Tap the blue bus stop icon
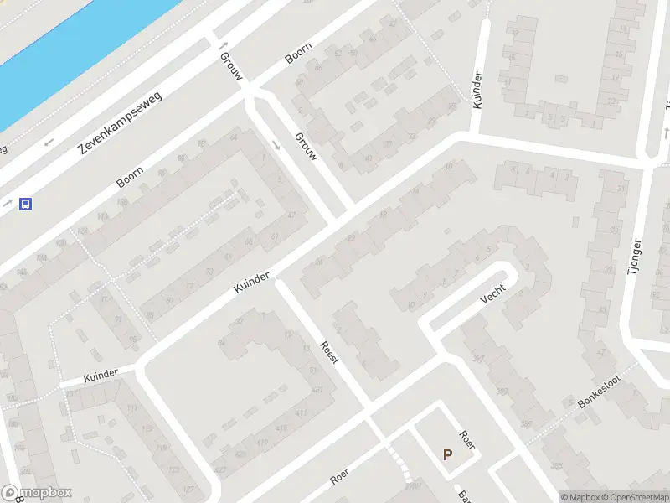click(26, 204)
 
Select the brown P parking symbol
click(448, 455)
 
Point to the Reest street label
click(330, 351)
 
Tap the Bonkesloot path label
click(600, 392)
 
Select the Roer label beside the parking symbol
click(467, 439)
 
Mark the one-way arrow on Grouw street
click(224, 45)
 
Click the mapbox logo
click(36, 493)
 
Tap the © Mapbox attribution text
click(579, 497)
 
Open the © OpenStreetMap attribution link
click(633, 497)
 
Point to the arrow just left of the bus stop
click(7, 204)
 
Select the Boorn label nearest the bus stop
click(130, 176)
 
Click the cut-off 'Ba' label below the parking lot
click(460, 495)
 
